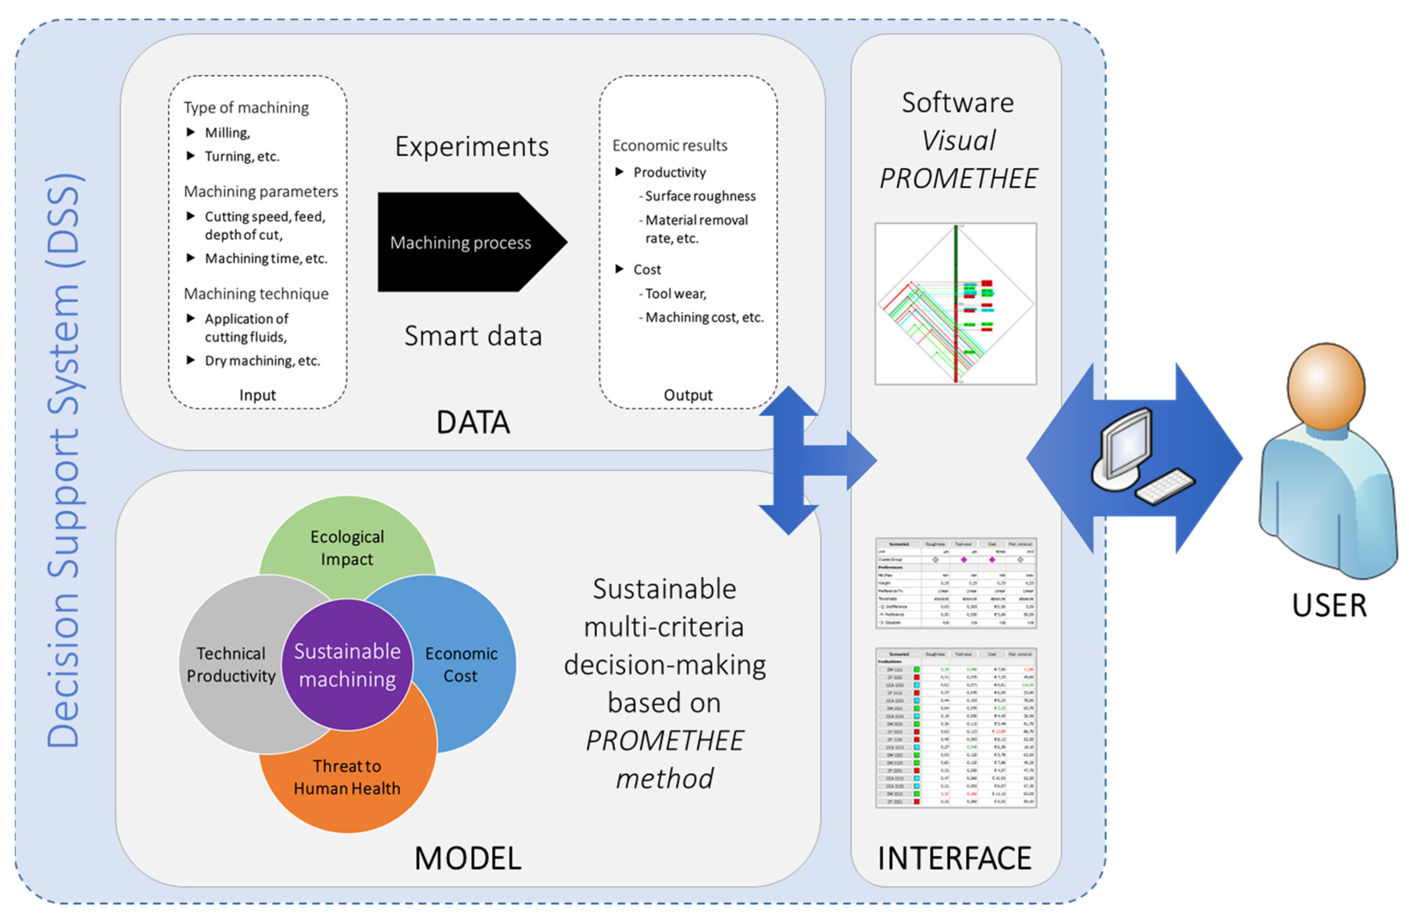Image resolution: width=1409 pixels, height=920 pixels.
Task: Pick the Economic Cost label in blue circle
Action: tap(461, 664)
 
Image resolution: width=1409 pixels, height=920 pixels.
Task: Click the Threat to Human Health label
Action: tap(347, 777)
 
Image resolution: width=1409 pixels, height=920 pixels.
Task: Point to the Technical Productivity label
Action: tap(231, 664)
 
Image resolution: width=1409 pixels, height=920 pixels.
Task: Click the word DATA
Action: tap(472, 423)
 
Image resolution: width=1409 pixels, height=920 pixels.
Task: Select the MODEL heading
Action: tap(468, 858)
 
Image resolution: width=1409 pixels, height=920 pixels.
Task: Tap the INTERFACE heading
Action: tap(954, 858)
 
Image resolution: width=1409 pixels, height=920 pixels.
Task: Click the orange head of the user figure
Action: tap(1326, 386)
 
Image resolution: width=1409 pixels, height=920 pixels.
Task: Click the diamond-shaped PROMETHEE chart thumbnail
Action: tap(956, 304)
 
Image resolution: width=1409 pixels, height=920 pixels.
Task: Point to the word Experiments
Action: tap(472, 147)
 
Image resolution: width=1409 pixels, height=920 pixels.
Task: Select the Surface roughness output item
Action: tap(700, 196)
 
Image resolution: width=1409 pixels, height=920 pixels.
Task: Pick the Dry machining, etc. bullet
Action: tap(262, 360)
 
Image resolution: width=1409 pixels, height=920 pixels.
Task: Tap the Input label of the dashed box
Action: tap(258, 395)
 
